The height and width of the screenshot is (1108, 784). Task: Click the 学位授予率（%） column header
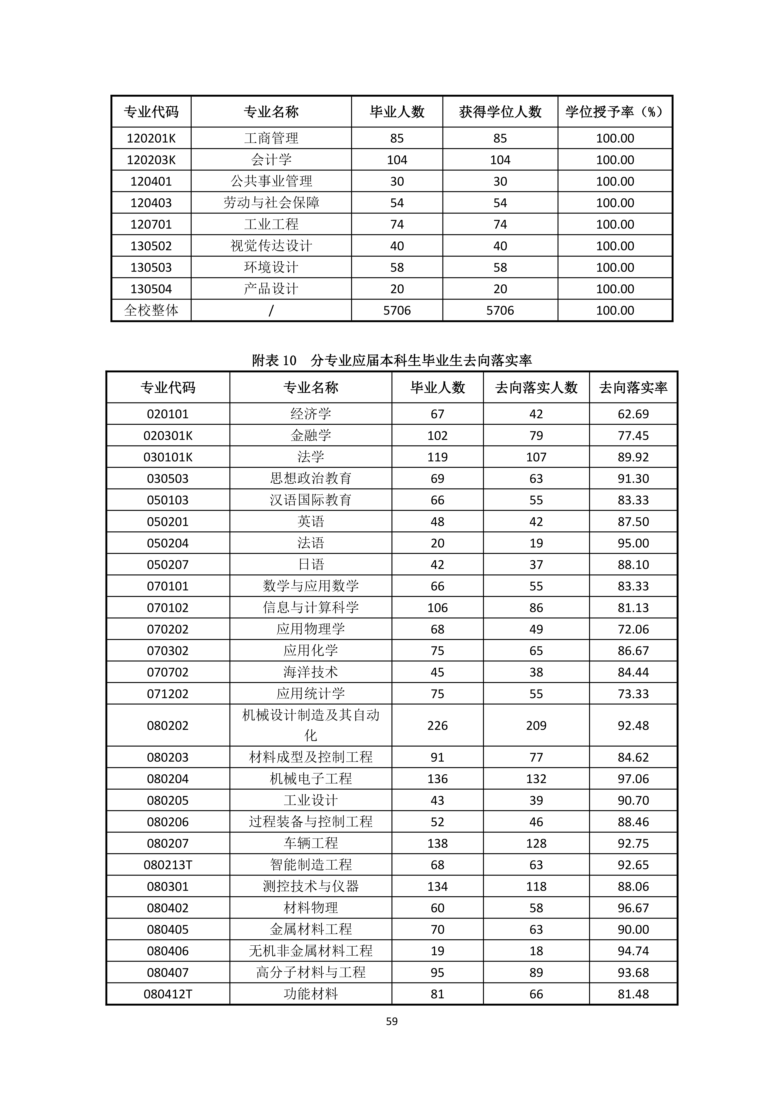pyautogui.click(x=615, y=112)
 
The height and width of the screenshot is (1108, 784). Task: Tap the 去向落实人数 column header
pyautogui.click(x=536, y=387)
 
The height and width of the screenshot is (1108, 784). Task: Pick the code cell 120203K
pyautogui.click(x=151, y=160)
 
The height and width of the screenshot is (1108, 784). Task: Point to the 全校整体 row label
pyautogui.click(x=151, y=310)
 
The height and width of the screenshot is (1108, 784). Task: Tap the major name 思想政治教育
pyautogui.click(x=310, y=478)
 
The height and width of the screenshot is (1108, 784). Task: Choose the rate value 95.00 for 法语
pyautogui.click(x=633, y=543)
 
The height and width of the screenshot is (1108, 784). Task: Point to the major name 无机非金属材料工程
pyautogui.click(x=310, y=951)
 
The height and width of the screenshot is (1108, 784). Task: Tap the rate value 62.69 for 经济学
pyautogui.click(x=633, y=414)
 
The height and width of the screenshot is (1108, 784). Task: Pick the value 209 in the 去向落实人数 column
pyautogui.click(x=536, y=725)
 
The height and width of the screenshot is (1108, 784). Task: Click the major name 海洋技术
pyautogui.click(x=310, y=672)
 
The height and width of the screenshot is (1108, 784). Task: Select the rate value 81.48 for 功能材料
pyautogui.click(x=633, y=994)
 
